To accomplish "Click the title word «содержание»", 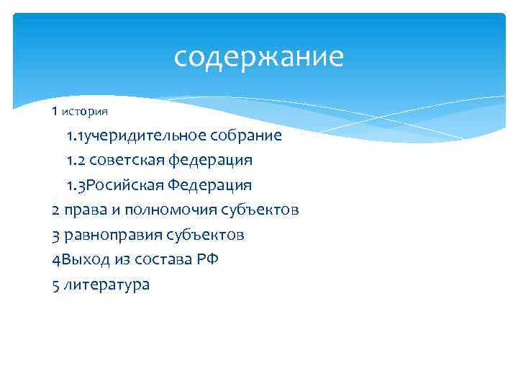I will [259, 57].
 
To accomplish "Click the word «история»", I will [85, 112].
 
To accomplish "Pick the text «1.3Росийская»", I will [115, 185].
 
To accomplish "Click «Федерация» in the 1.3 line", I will [210, 185].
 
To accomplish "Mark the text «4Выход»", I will [79, 259].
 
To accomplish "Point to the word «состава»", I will [163, 259].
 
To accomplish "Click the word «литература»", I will [106, 285].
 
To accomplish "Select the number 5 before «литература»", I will [56, 285].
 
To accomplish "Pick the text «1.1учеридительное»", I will [137, 135].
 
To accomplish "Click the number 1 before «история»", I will [55, 112].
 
